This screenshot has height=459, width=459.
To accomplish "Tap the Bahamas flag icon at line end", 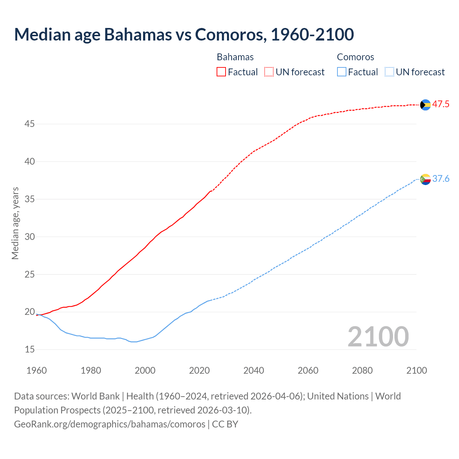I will click(425, 105).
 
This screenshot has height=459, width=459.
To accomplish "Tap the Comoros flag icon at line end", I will click(425, 179).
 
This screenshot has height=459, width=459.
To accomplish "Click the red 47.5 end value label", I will click(441, 104).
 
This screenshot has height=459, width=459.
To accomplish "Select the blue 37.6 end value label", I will click(441, 179).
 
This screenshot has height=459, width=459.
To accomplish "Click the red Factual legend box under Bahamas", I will click(221, 72).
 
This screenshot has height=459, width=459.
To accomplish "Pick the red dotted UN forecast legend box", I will click(269, 72).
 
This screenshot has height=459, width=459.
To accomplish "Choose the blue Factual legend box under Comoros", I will click(342, 72).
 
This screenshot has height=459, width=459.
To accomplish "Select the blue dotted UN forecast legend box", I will click(389, 72).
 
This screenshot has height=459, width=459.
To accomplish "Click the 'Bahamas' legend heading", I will click(235, 57).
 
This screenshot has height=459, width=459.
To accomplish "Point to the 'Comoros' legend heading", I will click(355, 57).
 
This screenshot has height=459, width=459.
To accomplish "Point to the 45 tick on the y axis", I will click(30, 124).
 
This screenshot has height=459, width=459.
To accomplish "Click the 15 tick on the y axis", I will click(30, 349).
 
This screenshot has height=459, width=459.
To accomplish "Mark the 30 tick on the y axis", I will click(30, 237).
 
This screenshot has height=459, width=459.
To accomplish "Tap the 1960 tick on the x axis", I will click(37, 370).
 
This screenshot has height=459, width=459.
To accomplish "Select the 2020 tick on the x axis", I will click(199, 370).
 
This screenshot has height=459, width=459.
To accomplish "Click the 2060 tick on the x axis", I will click(308, 370).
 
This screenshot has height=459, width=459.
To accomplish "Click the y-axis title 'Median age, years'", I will click(15, 223).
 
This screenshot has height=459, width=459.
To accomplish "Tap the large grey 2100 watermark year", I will click(378, 336).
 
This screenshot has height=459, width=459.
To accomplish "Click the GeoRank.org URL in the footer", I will click(110, 424).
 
